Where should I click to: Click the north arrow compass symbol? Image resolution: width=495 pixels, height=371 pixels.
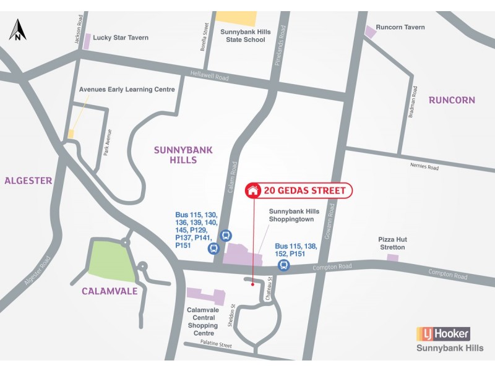18,29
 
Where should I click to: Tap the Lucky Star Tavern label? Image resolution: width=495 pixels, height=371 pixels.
121,38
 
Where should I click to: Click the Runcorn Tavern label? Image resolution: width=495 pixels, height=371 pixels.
400,27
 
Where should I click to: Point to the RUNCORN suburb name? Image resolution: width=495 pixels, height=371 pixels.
451,100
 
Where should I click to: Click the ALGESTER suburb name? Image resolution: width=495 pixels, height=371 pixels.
28,181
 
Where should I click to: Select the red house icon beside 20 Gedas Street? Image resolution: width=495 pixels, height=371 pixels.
252,190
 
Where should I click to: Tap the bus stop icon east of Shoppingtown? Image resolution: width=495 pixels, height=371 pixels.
284,265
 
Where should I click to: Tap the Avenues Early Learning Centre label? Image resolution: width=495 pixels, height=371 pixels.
127,90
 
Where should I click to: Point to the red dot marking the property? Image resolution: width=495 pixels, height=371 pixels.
252,285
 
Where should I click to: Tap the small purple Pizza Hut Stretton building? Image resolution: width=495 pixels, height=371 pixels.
392,257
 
